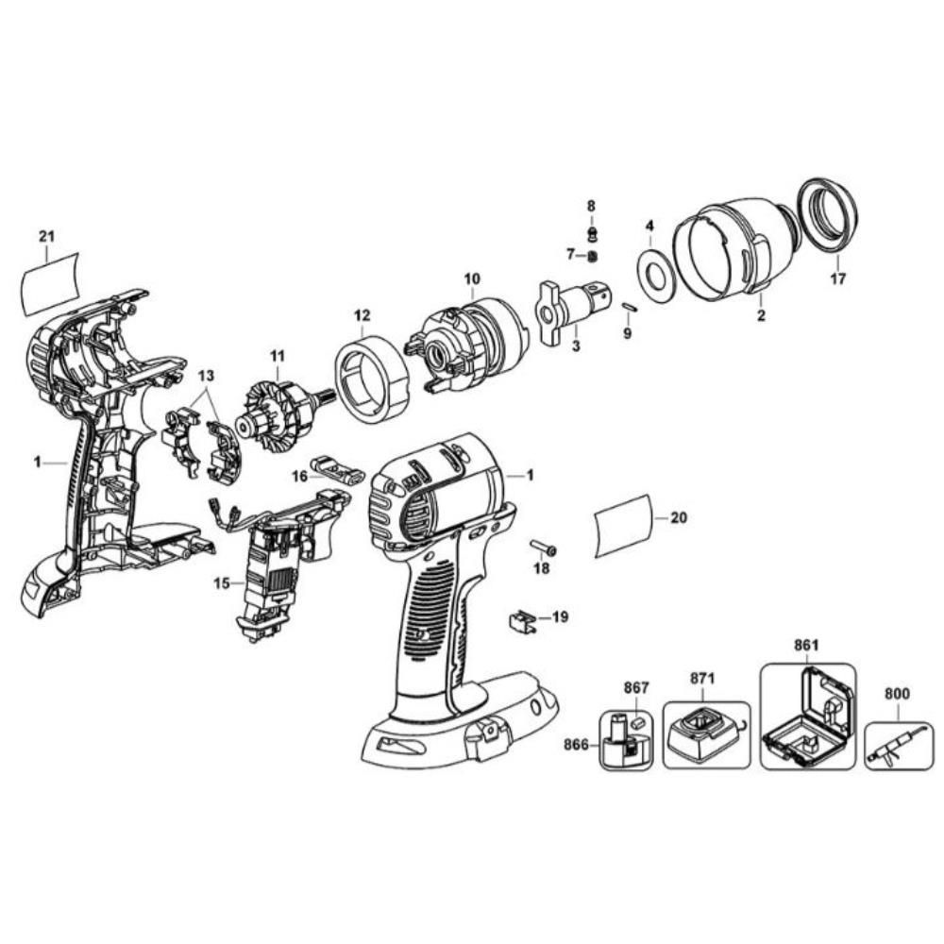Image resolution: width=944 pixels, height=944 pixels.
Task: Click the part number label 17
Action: click(837, 278)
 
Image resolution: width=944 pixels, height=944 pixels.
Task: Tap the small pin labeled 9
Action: click(630, 305)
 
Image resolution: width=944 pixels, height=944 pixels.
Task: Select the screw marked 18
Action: click(545, 548)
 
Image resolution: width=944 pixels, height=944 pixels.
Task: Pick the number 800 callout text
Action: click(897, 694)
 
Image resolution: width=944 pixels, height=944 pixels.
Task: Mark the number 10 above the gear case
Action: click(472, 278)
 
